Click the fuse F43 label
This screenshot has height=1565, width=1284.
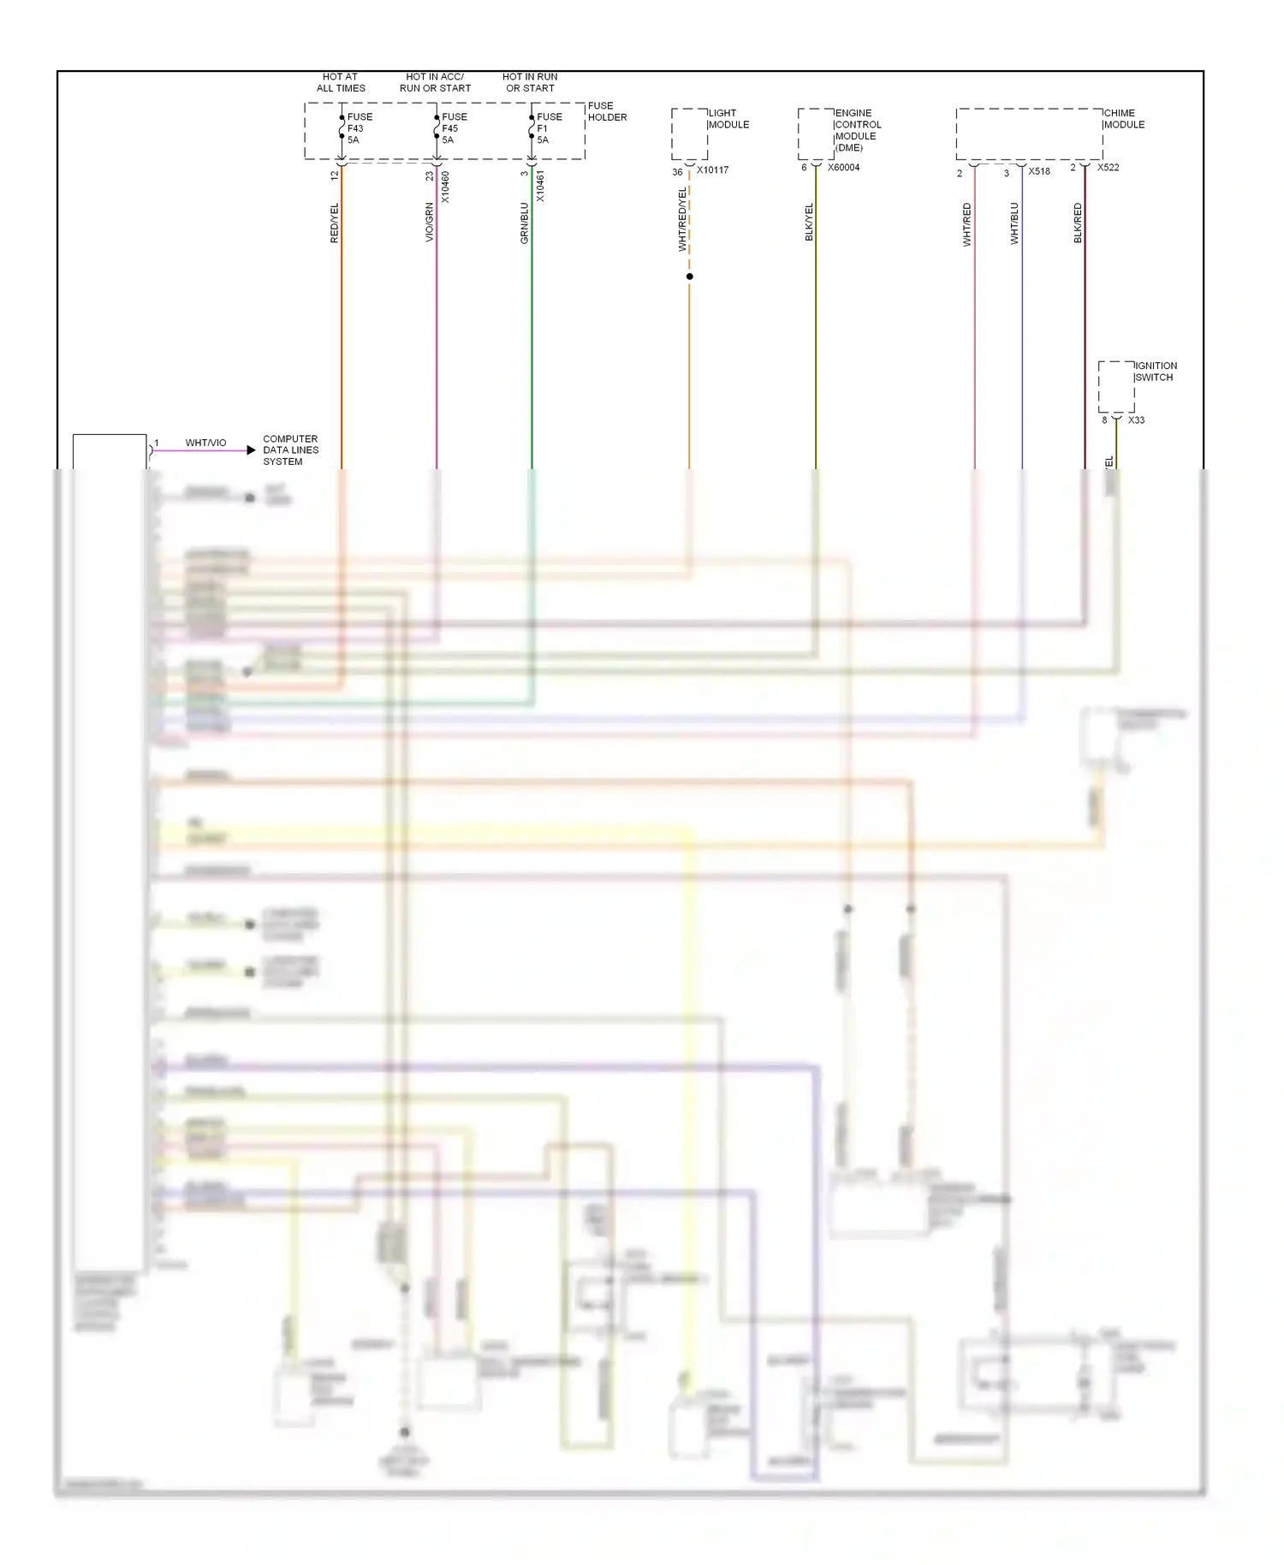click(x=359, y=128)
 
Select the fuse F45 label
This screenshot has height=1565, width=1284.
click(x=454, y=128)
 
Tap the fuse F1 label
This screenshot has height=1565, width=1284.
click(x=549, y=128)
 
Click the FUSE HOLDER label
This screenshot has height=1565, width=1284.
click(x=607, y=111)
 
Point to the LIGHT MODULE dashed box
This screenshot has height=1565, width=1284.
click(x=689, y=134)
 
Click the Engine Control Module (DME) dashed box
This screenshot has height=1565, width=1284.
click(x=816, y=134)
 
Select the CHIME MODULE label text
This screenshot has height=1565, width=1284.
click(x=1124, y=119)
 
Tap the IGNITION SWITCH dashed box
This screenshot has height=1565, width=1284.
click(x=1116, y=387)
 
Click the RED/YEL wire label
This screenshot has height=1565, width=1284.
click(x=335, y=223)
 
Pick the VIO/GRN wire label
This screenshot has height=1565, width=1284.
click(x=430, y=223)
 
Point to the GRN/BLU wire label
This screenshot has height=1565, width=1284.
click(x=525, y=223)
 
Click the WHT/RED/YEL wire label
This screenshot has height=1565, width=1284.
click(x=682, y=220)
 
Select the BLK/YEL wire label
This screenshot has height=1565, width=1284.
click(x=809, y=222)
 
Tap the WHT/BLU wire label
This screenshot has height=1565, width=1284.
click(x=1014, y=223)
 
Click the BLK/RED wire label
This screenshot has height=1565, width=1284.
click(x=1078, y=223)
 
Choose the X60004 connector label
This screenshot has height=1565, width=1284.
click(x=843, y=168)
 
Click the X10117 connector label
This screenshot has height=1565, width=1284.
click(x=712, y=170)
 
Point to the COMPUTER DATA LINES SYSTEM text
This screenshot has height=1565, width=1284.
click(x=290, y=450)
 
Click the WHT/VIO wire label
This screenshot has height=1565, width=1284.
click(x=205, y=443)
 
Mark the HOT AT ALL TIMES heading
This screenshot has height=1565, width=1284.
click(x=341, y=82)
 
